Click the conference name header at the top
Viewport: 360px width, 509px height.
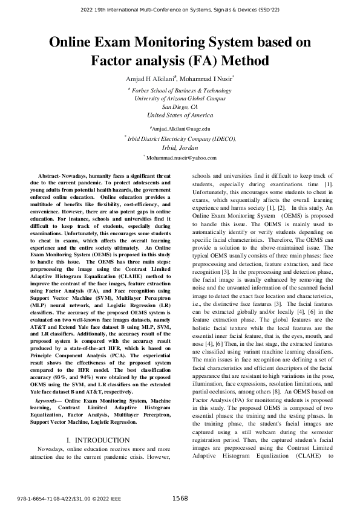(180, 10)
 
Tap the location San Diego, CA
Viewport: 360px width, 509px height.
(180, 106)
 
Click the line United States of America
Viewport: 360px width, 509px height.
(180, 115)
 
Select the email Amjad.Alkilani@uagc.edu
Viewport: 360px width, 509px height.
(180, 129)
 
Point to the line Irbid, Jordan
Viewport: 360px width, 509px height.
(180, 147)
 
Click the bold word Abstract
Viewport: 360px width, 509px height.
(50, 175)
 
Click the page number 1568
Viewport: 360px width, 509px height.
(180, 498)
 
